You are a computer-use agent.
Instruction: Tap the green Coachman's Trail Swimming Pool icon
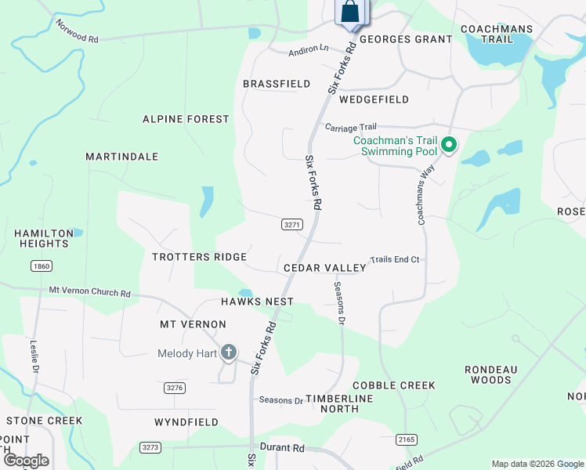pos(449,145)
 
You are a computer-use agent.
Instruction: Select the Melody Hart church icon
pos(229,353)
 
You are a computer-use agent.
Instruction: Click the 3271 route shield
pos(291,225)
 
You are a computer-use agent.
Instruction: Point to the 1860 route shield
pos(42,266)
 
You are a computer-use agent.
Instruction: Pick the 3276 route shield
pos(175,388)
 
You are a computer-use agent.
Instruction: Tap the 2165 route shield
pos(406,439)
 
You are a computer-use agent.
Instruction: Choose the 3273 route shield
pos(150,447)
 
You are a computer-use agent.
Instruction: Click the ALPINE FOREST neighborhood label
pos(186,119)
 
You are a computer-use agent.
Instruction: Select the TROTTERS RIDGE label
pos(200,257)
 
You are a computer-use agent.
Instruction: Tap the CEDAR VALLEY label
pos(324,268)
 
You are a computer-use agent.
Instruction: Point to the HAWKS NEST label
pos(257,302)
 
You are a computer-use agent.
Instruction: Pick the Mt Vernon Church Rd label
pos(89,292)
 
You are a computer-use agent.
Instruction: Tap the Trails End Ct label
pos(395,259)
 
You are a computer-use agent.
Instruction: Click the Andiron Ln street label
pos(309,49)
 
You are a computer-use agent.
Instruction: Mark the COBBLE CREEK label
pos(393,385)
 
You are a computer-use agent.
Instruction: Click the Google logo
pos(25,461)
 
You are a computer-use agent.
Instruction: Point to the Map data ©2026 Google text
pos(537,464)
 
